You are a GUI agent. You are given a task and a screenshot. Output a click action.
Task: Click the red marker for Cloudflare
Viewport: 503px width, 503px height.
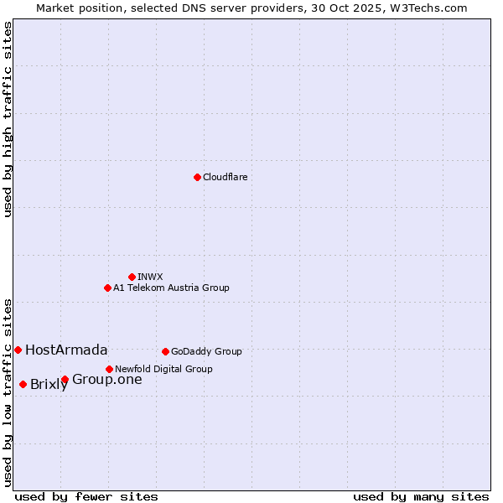point(197,177)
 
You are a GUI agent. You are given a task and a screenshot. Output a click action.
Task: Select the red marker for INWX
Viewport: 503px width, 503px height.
point(132,277)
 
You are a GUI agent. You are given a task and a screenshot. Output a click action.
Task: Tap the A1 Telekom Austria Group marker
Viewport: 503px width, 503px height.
point(107,288)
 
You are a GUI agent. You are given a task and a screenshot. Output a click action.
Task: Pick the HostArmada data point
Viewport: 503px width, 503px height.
point(18,350)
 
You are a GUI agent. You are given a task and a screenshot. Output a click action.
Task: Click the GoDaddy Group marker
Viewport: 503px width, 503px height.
point(165,351)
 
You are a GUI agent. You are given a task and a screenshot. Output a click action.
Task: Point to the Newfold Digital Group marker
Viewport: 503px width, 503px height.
point(109,369)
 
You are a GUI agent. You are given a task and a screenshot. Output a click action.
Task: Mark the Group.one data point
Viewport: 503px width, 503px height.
point(65,380)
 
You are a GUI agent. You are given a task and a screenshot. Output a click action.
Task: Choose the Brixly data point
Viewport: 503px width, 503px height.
point(23,384)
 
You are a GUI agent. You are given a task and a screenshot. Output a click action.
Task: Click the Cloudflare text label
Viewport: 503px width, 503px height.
point(225,177)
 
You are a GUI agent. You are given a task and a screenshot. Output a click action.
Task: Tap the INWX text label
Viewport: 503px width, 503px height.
point(150,277)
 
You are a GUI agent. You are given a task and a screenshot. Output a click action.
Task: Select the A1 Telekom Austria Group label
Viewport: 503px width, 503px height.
point(171,288)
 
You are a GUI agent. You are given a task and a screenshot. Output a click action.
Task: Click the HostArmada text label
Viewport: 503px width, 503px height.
point(66,350)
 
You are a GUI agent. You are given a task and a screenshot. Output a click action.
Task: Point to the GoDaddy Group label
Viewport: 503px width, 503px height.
point(206,351)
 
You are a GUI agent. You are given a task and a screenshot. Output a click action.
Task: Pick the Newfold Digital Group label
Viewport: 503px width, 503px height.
point(163,369)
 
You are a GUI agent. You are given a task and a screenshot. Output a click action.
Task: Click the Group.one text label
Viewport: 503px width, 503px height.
point(106,380)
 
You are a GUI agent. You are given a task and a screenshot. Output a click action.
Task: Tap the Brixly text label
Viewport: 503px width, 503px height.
point(49,385)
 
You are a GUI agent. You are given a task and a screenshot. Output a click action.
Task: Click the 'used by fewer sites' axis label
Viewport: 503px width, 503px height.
point(86,496)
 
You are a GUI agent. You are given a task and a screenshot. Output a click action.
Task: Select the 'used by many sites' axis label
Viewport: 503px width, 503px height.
point(421,496)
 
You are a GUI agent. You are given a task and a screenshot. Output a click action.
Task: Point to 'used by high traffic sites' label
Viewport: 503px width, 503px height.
point(8,119)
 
